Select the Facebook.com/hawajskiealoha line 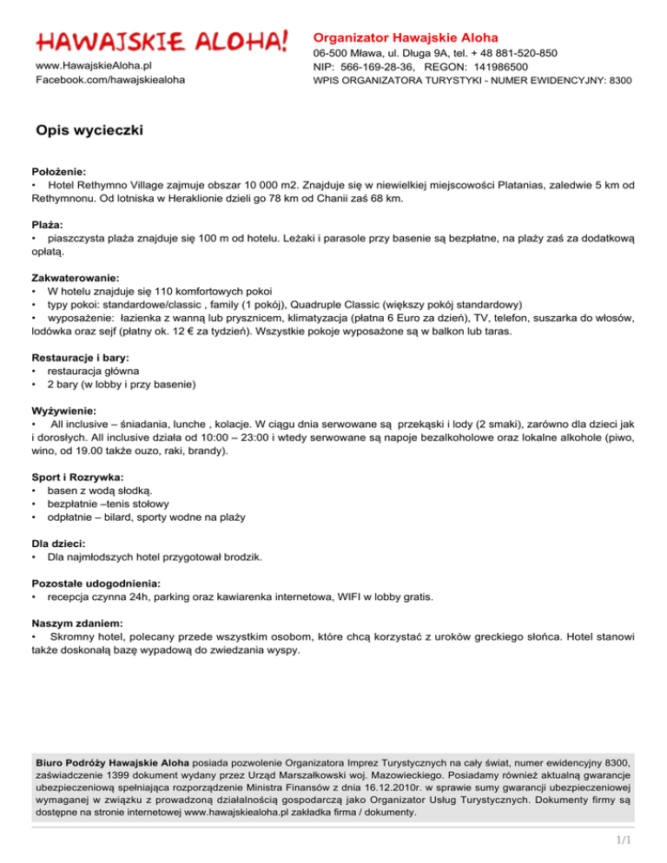pyautogui.click(x=109, y=80)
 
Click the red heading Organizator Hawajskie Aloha pyautogui.click(x=406, y=37)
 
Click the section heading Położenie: pyautogui.click(x=60, y=173)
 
